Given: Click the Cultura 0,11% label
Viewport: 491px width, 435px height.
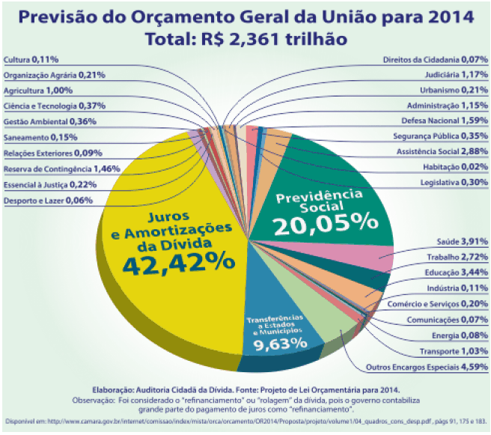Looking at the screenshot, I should click(31, 58).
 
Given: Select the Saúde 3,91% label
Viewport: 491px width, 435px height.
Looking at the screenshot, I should click(462, 241).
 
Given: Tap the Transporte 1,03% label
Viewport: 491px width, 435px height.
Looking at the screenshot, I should click(452, 351).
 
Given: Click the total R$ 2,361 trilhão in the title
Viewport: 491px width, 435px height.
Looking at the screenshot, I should click(246, 37).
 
